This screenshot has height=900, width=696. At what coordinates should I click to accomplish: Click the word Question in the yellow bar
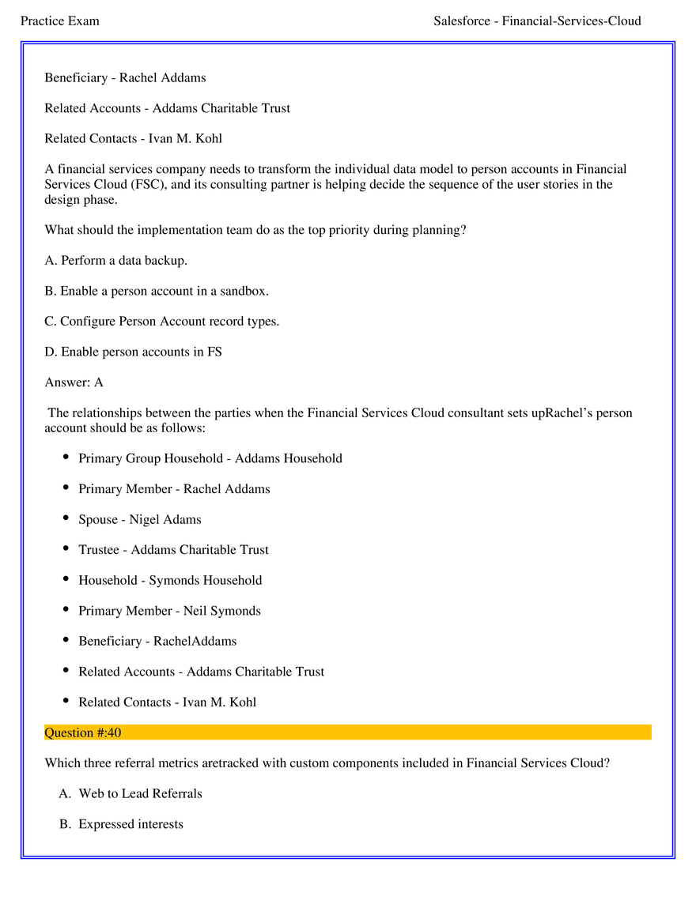[69, 732]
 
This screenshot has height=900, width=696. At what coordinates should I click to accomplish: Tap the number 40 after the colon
[115, 732]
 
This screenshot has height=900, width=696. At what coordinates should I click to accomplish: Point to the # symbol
[100, 732]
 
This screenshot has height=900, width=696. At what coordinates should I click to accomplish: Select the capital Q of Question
[49, 732]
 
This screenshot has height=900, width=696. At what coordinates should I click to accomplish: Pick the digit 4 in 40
[112, 732]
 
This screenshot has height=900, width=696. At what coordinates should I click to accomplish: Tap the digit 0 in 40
[118, 732]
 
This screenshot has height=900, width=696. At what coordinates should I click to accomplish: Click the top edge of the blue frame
[348, 43]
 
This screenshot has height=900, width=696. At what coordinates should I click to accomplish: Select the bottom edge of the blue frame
[348, 857]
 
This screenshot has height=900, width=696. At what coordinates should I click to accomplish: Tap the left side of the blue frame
[24, 450]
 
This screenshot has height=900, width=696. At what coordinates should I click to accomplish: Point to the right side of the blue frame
[674, 450]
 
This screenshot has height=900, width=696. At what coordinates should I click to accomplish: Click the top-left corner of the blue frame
[24, 43]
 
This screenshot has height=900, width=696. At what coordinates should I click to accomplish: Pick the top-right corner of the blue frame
[674, 43]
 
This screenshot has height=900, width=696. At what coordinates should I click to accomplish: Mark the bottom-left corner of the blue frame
[24, 857]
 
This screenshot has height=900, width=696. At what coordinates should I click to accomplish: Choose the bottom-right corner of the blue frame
[674, 857]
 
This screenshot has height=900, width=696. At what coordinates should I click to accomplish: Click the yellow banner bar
[395, 732]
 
